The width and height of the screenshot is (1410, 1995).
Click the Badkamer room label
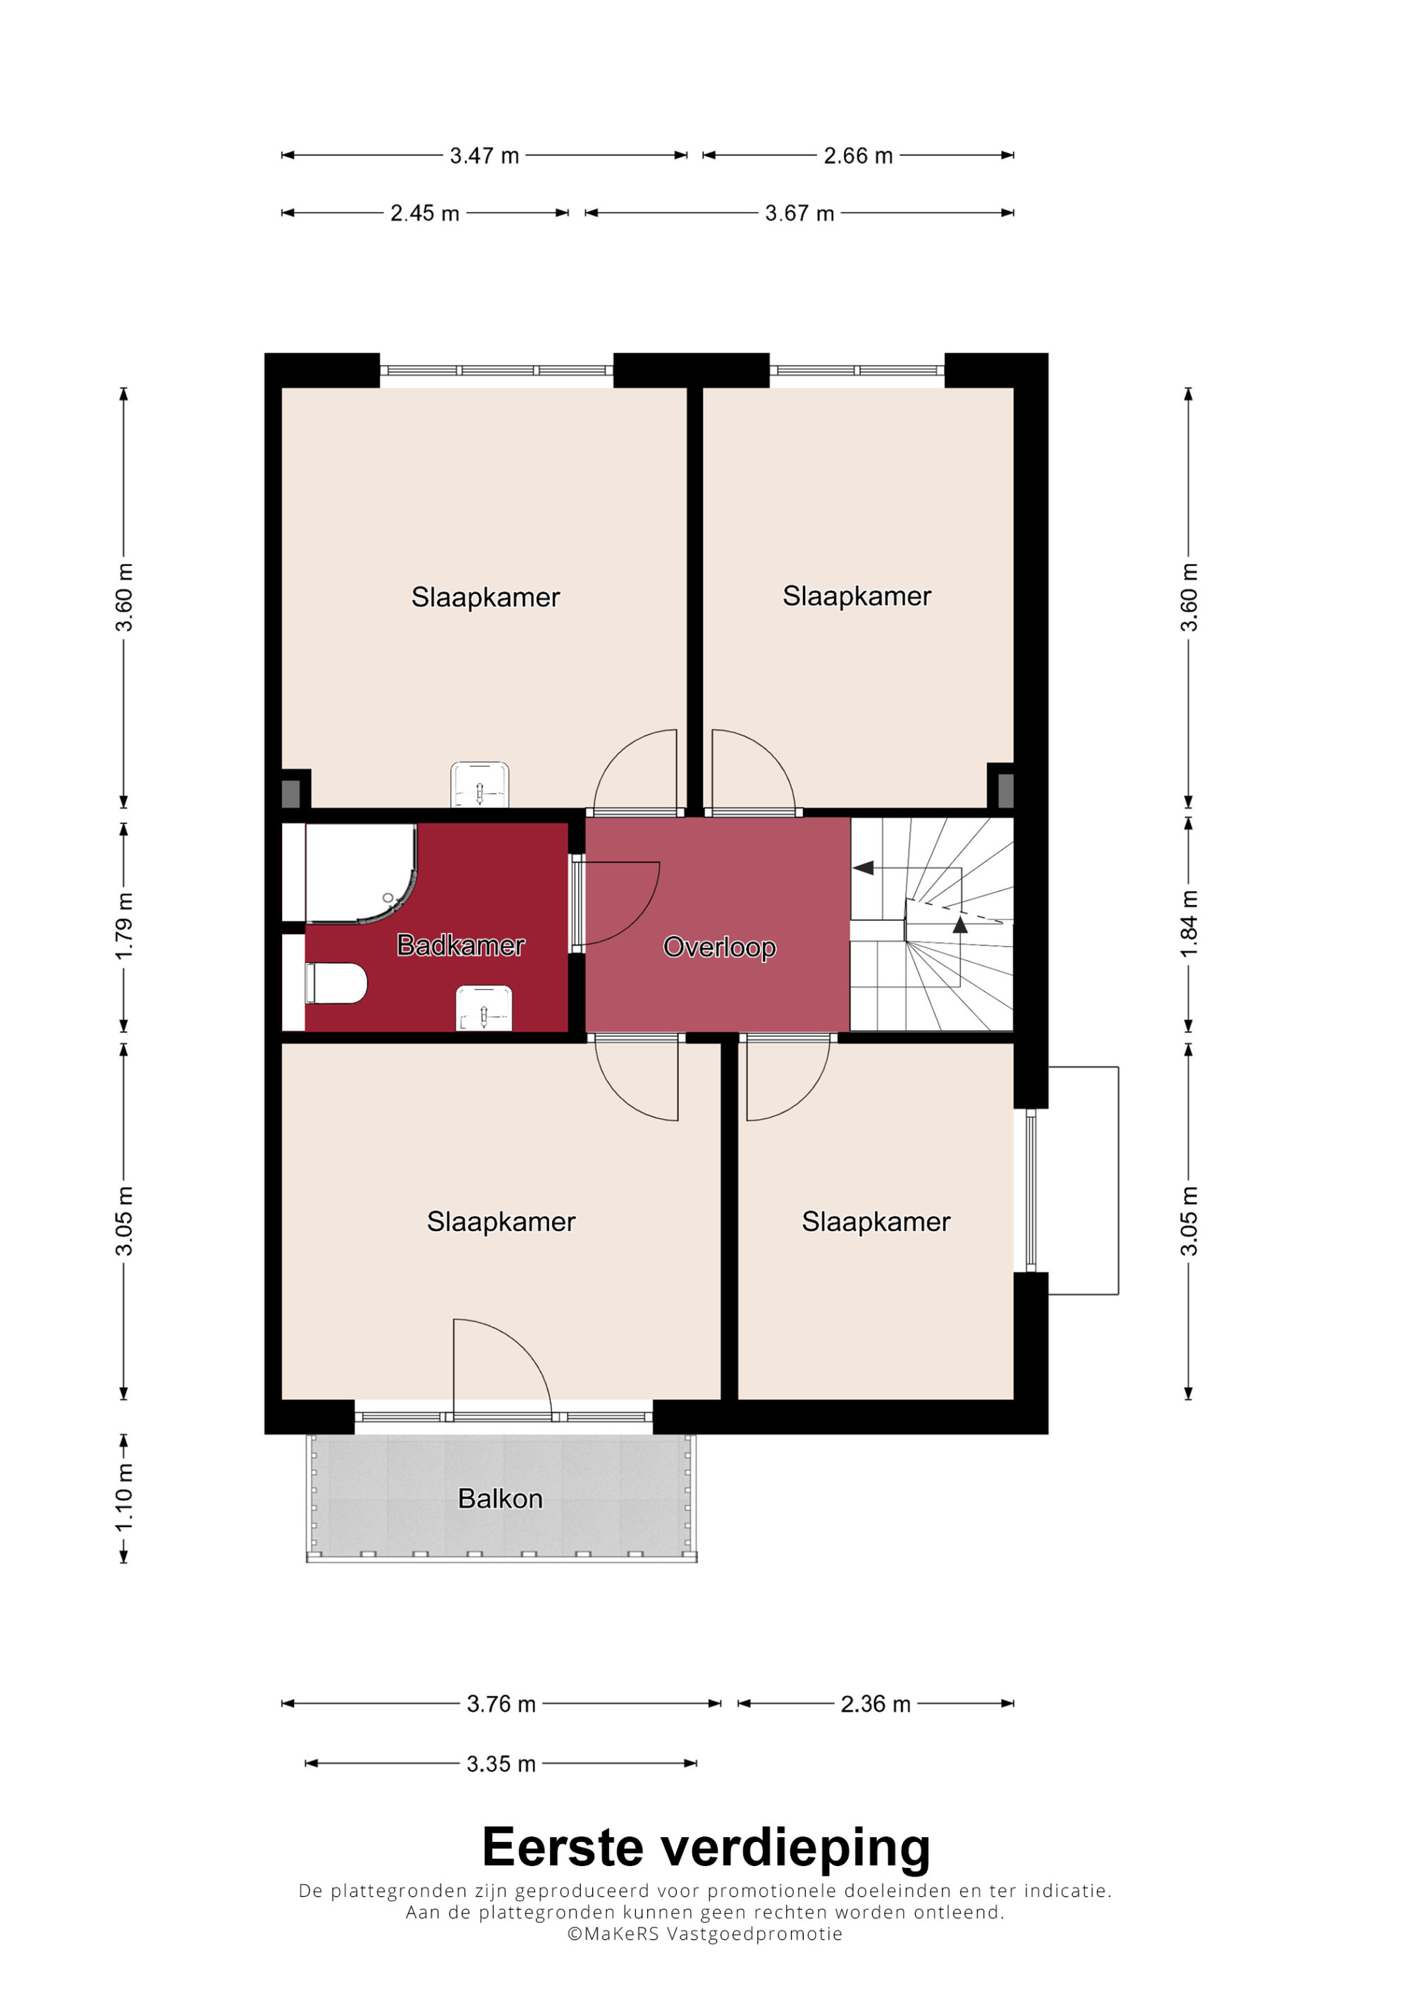460,945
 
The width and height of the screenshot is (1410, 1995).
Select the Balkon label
501,1498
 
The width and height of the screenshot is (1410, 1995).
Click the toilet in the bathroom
336,983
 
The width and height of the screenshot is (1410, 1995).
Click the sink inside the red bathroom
484,1008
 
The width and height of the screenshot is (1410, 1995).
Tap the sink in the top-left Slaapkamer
479,785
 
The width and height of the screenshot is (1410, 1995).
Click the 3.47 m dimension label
484,156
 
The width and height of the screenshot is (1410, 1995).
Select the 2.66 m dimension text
858,156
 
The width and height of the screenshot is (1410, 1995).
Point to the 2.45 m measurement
425,213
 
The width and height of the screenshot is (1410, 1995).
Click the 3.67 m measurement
799,213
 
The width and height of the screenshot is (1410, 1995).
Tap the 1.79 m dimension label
124,926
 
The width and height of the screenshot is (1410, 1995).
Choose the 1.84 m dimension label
1189,923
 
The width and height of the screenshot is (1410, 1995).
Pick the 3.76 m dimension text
501,1704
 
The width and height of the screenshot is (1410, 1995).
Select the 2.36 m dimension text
876,1704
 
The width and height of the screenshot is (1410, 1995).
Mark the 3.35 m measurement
501,1764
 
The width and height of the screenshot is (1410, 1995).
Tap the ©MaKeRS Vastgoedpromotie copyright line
704,1933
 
